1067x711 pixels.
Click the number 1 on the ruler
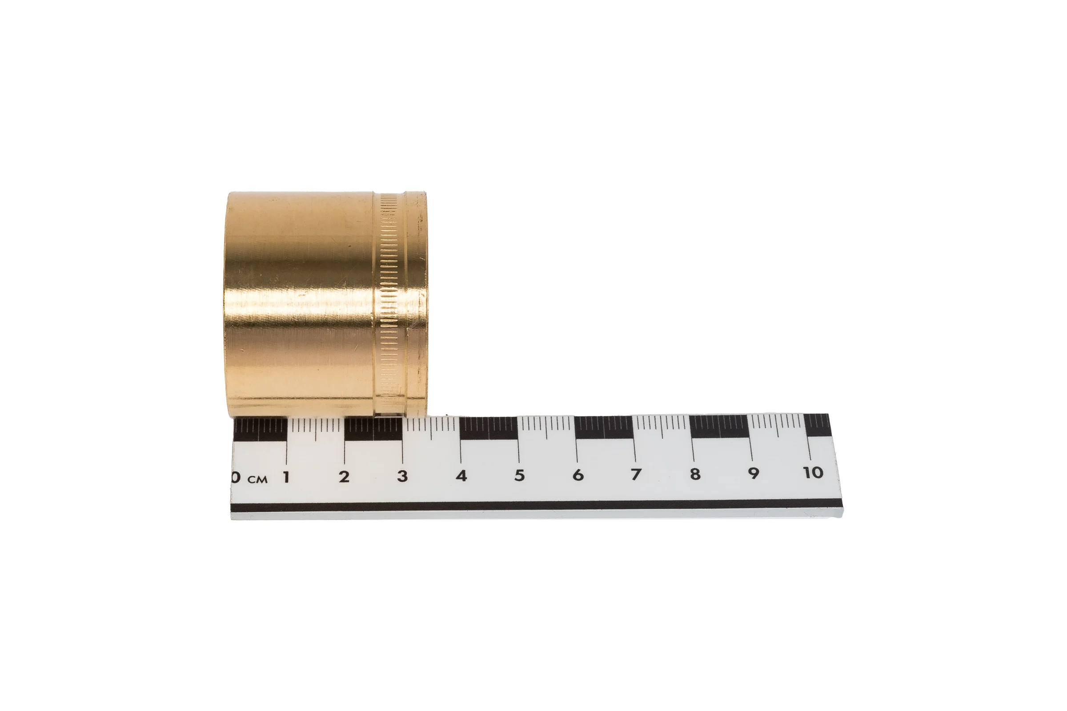(x=286, y=477)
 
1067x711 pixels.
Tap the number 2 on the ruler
(x=344, y=476)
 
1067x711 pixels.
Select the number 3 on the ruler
(x=402, y=476)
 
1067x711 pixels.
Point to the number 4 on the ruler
(x=461, y=475)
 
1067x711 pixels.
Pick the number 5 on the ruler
(x=519, y=475)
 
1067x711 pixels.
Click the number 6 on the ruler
(x=578, y=475)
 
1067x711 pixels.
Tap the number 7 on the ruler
(x=636, y=474)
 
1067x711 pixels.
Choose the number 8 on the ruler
(x=695, y=474)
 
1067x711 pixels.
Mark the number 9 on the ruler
(x=754, y=473)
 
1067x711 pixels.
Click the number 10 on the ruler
(x=813, y=472)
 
